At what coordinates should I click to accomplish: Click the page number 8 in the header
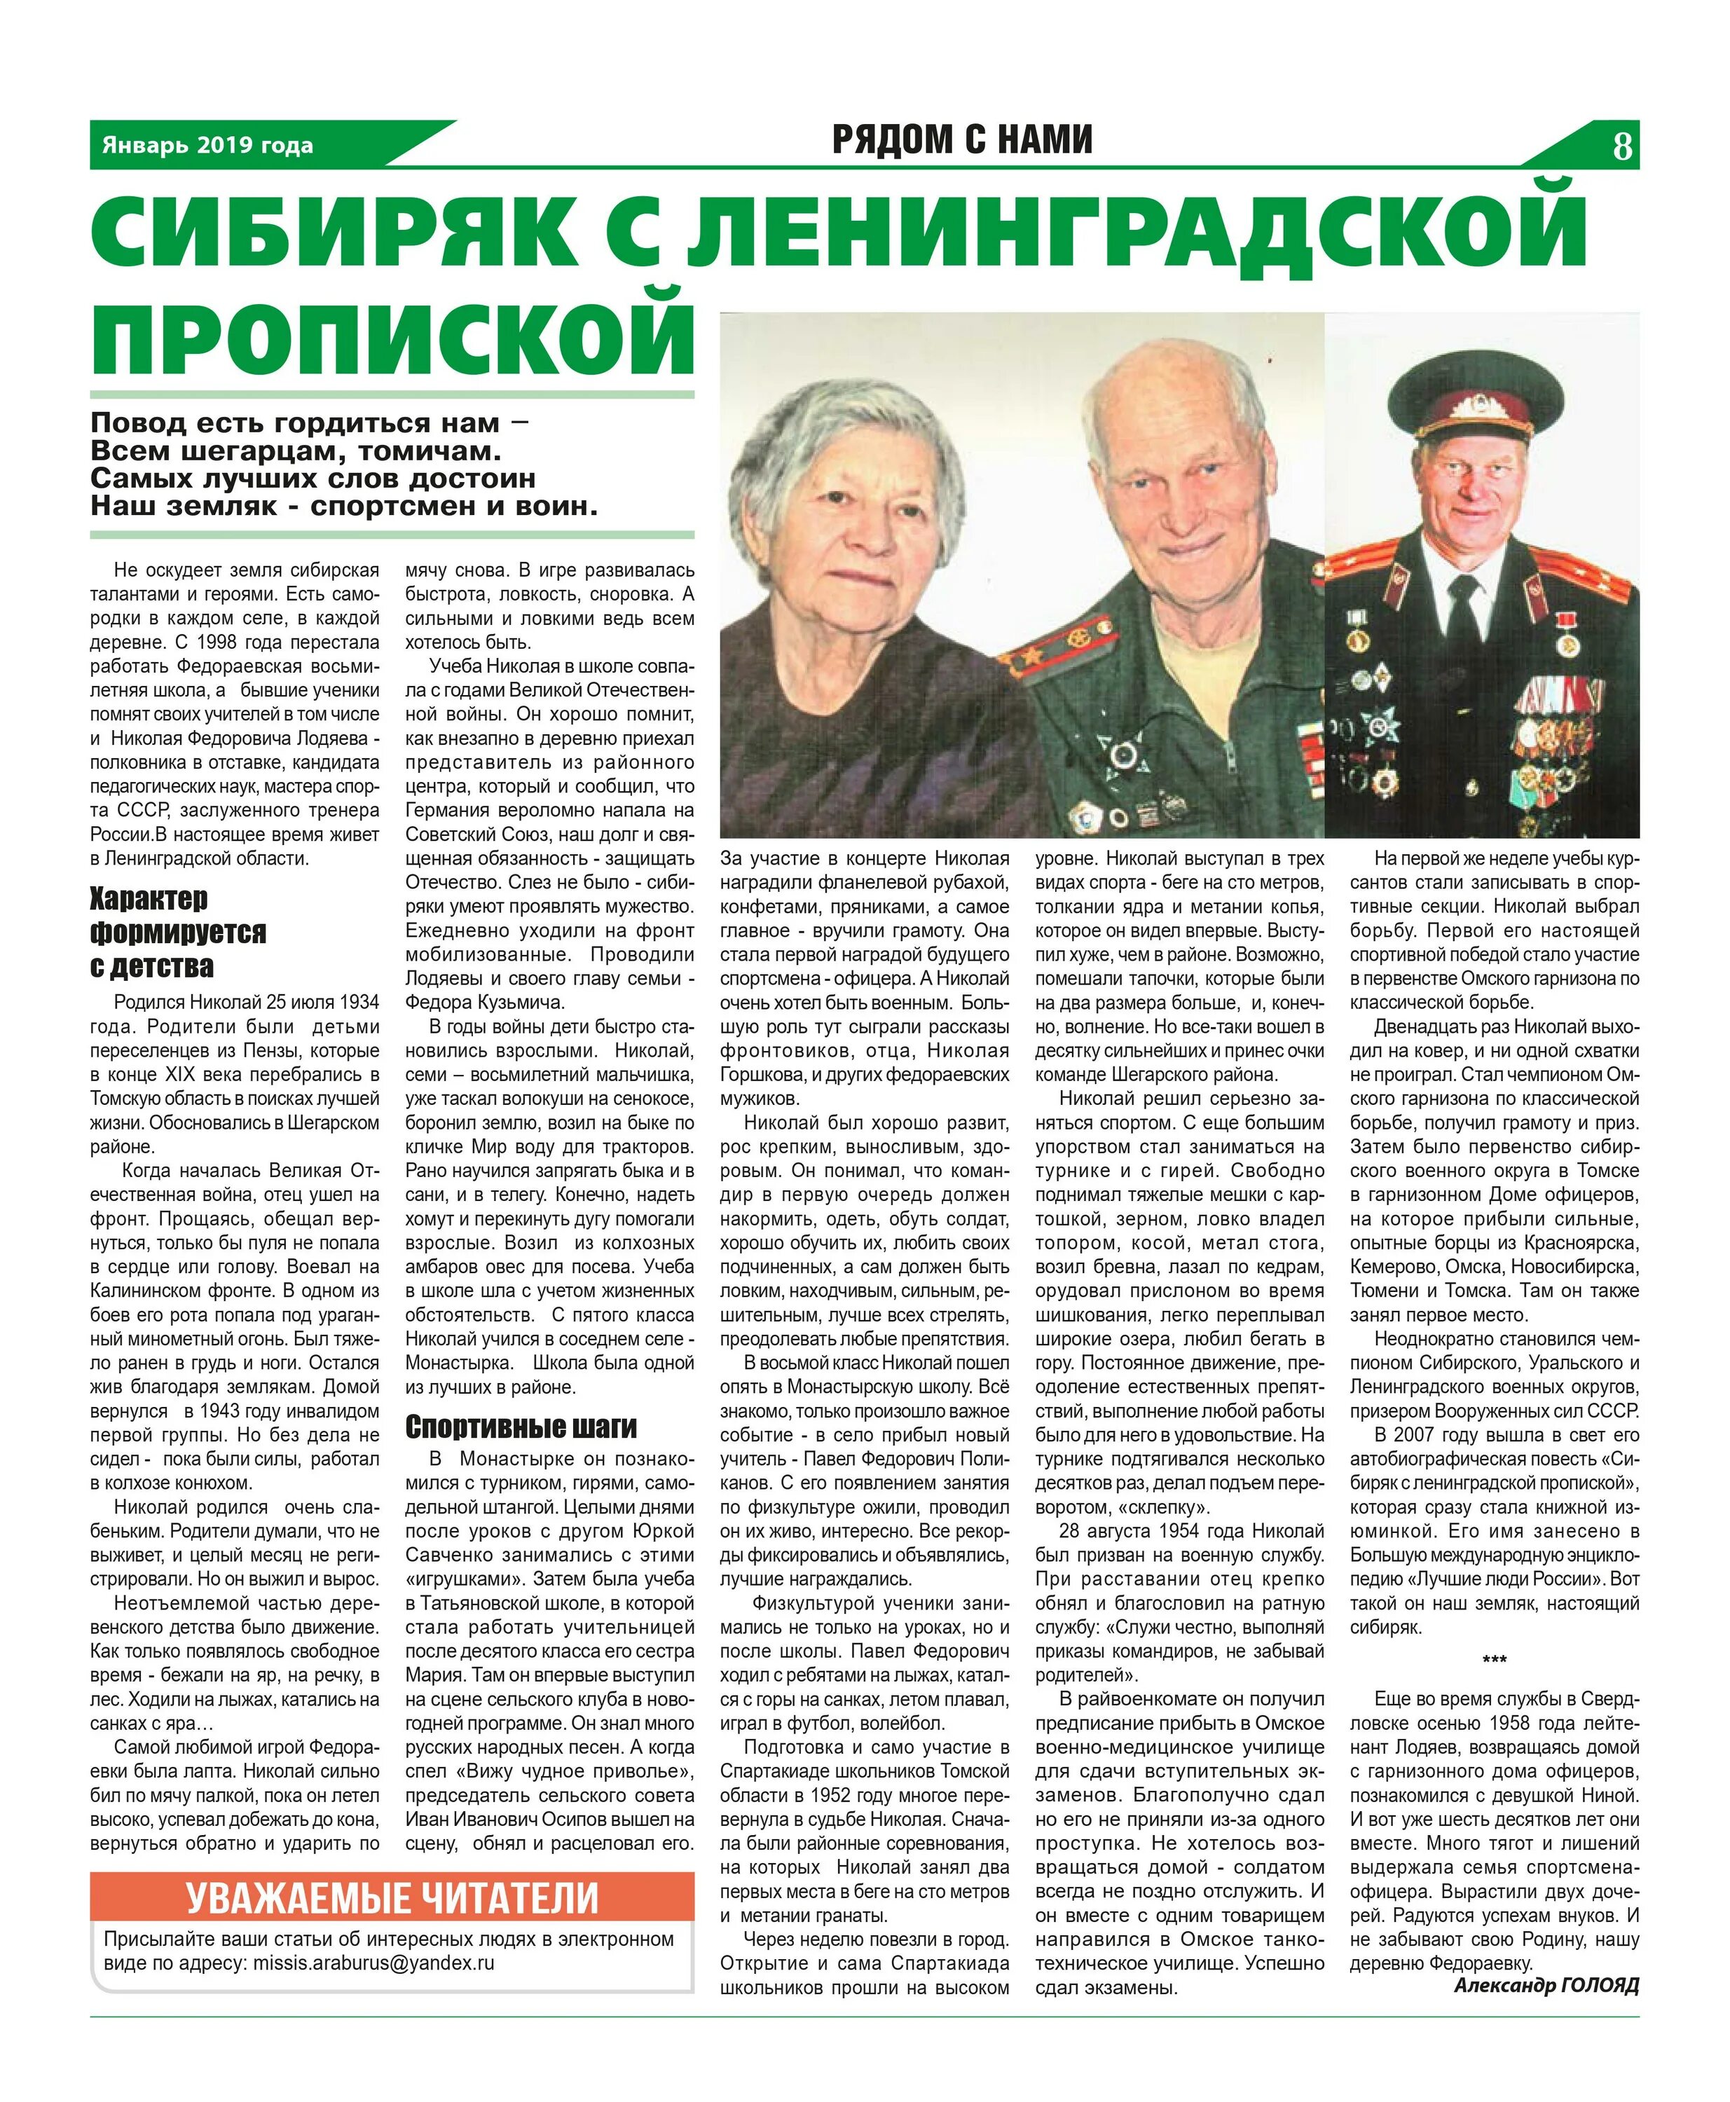click(x=1621, y=146)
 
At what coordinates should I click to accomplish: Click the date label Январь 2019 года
click(x=207, y=146)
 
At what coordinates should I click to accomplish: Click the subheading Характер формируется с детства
click(x=179, y=932)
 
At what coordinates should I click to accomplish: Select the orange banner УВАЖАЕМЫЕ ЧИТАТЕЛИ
click(x=392, y=1897)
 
